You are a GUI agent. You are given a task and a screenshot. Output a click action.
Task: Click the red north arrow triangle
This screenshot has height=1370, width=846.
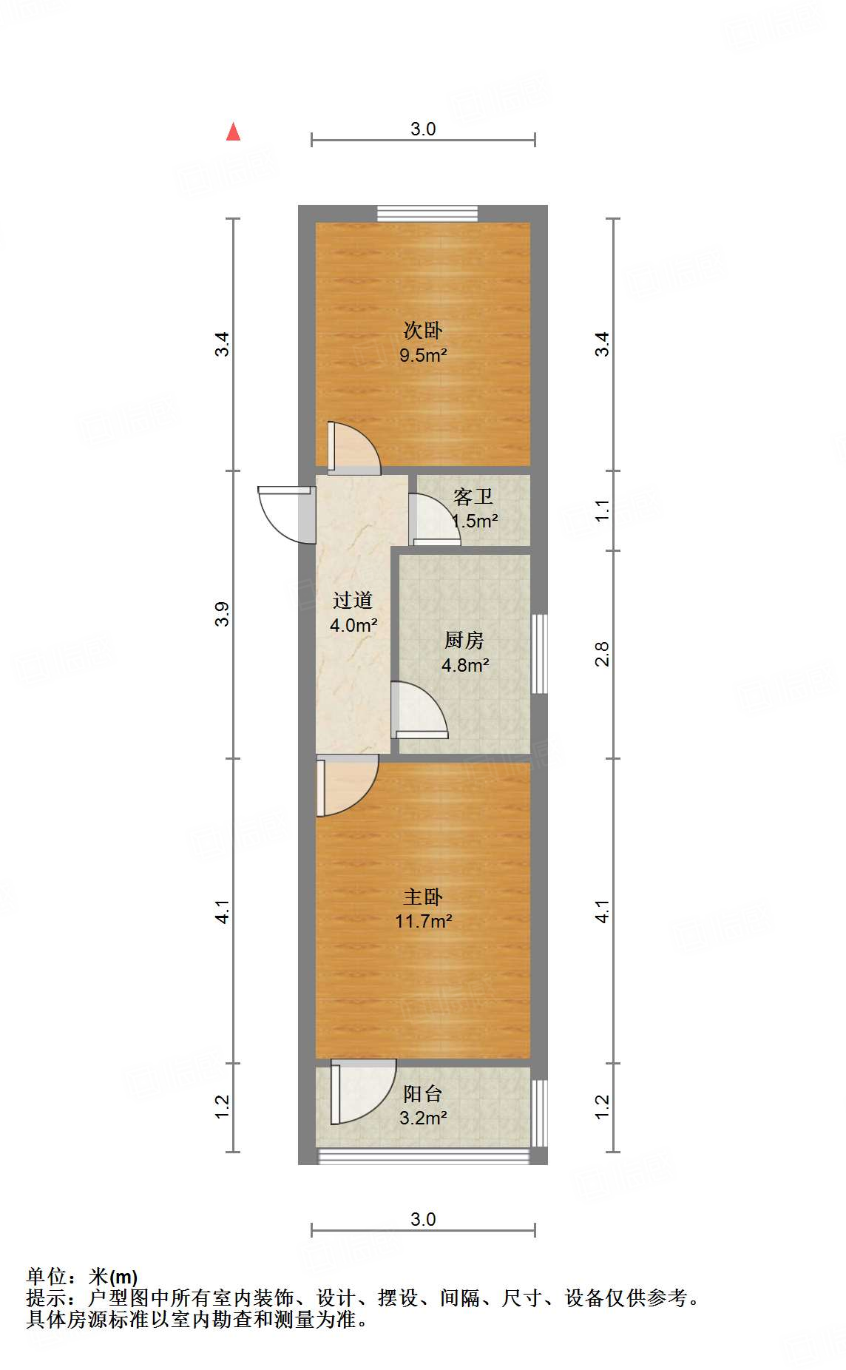pos(234,132)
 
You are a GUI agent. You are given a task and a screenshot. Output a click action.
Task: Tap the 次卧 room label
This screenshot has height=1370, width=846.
pos(423,330)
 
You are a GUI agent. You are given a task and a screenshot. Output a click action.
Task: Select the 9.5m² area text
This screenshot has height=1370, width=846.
pos(423,355)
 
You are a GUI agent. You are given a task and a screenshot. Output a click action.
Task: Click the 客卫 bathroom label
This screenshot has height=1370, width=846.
pos(473,496)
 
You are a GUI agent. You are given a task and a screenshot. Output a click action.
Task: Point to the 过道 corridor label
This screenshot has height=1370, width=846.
pos(352,600)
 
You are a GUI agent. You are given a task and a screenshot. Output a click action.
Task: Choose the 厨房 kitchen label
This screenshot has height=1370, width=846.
pos(464,640)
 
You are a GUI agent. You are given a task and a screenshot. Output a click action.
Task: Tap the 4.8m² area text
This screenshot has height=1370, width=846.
pos(465,665)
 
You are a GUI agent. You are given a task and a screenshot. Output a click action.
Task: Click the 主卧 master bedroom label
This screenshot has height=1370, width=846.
pos(423,897)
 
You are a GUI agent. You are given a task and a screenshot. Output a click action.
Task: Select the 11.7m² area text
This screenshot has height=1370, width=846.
pos(423,922)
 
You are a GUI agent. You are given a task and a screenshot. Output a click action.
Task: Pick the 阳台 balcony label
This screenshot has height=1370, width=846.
pos(423,1093)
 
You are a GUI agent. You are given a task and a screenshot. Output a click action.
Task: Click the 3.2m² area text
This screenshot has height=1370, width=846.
pos(423,1118)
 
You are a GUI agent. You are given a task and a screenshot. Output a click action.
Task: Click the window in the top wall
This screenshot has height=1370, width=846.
pos(427,213)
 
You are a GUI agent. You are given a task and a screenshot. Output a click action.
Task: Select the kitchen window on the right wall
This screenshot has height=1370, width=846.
pos(540,653)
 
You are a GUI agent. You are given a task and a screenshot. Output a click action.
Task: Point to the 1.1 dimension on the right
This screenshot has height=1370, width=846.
pos(603,510)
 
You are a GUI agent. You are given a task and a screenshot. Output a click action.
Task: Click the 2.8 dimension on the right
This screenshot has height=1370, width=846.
pos(603,654)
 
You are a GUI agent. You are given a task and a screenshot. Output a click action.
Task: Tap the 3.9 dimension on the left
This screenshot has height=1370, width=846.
pos(222,614)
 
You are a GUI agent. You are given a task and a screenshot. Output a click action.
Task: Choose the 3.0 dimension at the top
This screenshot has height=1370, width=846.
pos(423,129)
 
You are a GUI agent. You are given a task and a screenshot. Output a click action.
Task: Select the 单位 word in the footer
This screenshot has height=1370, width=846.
pos(47,1276)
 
